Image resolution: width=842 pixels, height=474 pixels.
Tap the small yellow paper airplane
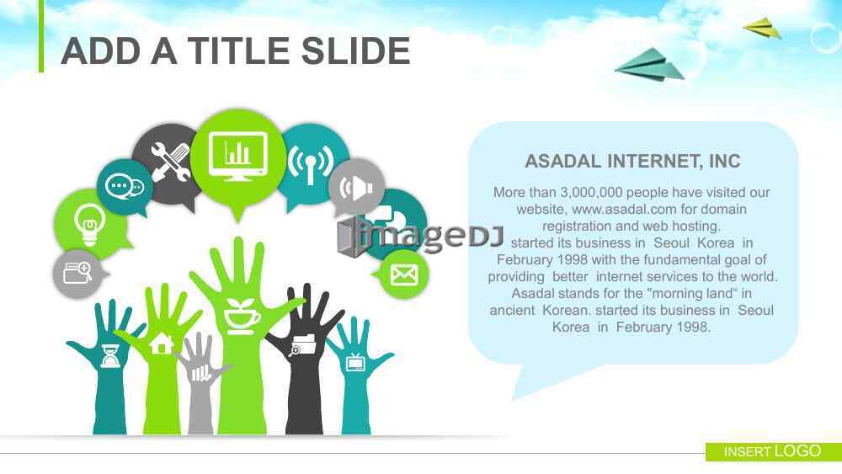(762, 29)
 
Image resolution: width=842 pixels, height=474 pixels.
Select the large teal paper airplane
(651, 65)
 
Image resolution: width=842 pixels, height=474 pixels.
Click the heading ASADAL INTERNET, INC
(632, 161)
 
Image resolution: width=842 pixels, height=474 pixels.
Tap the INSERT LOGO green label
(773, 451)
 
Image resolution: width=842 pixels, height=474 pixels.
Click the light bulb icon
(89, 224)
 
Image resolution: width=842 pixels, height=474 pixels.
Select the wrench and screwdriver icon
(170, 162)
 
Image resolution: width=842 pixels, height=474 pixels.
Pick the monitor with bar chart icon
(238, 156)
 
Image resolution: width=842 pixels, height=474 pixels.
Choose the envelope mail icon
(404, 274)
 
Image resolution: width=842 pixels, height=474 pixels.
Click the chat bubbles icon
(125, 187)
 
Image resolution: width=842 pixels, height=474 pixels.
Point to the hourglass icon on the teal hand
(110, 356)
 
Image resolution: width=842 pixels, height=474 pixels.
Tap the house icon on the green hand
(162, 344)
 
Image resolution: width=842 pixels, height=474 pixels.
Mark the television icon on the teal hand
(355, 362)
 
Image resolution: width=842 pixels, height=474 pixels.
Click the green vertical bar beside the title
(40, 36)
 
